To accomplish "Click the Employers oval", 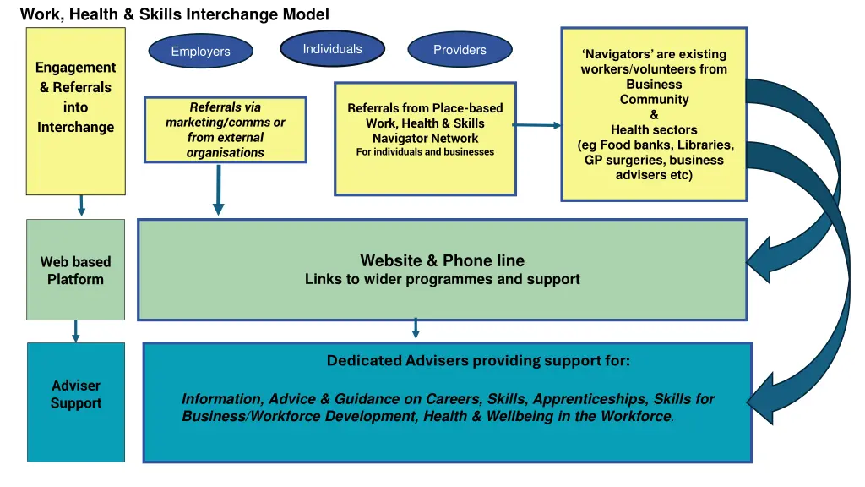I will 200,52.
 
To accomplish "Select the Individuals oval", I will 332,49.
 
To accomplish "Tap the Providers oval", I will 460,50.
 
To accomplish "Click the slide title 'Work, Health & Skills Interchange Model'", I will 174,14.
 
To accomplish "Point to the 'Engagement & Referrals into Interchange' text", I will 75,97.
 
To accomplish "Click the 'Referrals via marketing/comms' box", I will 225,129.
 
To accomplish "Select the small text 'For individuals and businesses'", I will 425,152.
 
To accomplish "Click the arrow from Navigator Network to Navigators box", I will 537,125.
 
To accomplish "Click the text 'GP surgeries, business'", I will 654,160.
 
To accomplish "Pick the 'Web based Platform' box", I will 75,271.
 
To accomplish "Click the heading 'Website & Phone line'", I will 442,260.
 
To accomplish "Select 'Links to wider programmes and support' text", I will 442,279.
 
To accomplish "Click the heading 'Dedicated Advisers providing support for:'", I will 478,361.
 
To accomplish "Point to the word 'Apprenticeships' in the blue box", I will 580,399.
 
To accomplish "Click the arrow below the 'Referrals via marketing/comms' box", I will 218,189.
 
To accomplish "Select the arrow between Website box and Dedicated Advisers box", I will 416,328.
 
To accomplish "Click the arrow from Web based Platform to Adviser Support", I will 76,331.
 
